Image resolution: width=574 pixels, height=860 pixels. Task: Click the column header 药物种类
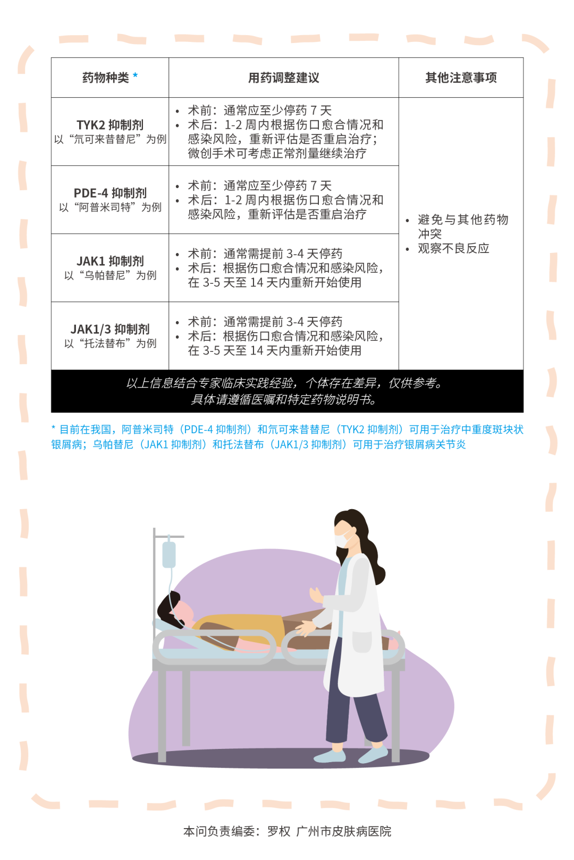(x=105, y=78)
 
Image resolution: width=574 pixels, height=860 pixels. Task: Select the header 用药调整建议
(x=283, y=78)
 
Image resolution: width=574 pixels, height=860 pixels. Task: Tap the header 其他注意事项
(x=461, y=78)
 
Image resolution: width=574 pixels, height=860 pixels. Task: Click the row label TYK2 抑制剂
(x=110, y=125)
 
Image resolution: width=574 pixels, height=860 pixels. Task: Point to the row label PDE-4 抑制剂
(x=110, y=193)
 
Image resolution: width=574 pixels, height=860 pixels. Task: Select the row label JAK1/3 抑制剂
(x=110, y=329)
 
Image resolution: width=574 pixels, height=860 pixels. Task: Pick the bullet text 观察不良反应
(x=453, y=249)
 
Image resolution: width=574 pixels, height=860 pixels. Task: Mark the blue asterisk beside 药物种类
(x=136, y=76)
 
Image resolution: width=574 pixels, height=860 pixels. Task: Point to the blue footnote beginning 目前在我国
(x=287, y=437)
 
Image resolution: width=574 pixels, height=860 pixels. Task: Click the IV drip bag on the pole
(x=169, y=554)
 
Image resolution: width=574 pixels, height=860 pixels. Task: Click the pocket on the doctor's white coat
(x=362, y=642)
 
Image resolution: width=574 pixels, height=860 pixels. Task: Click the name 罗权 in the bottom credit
(x=278, y=831)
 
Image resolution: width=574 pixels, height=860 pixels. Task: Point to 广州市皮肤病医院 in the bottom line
(x=343, y=831)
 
